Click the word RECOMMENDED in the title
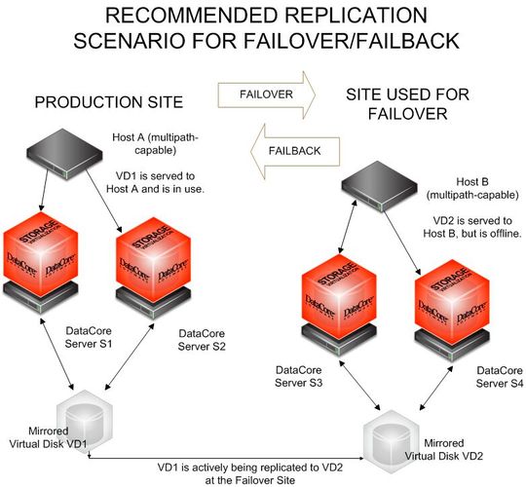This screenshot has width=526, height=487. [170, 19]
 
